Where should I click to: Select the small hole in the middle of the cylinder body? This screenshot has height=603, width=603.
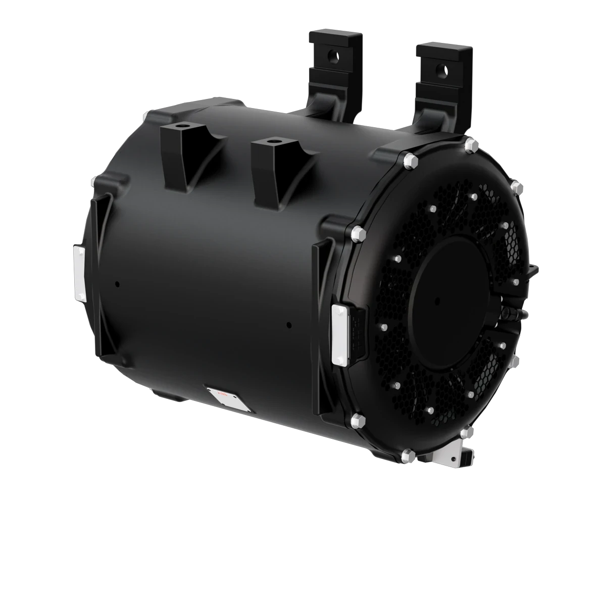[287, 324]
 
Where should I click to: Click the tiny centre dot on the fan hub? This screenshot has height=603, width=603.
[435, 299]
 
